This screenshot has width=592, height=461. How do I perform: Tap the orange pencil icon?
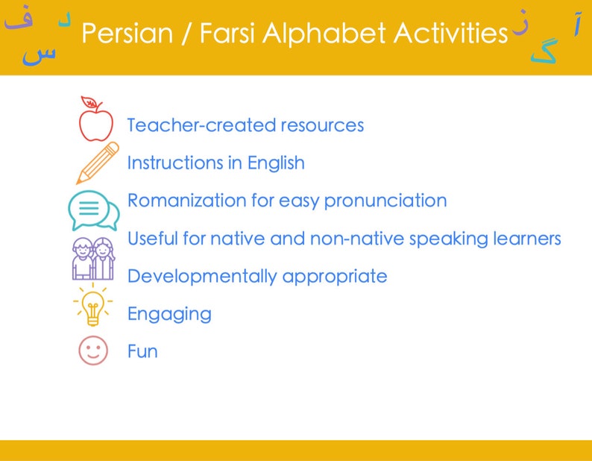97,163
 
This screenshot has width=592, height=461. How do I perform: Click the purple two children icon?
92,257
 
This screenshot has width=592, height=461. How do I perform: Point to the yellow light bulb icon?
93,305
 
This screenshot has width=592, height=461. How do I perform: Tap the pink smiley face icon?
93,350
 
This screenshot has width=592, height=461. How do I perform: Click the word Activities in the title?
450,34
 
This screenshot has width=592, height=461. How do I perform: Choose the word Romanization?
190,201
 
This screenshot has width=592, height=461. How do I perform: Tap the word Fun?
142,351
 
